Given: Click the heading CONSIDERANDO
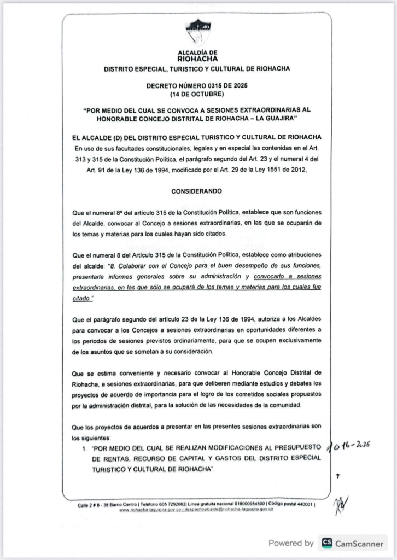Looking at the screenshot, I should click(197, 192).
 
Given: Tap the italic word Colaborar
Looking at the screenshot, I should click(128, 265).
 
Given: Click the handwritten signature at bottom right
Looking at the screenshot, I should click(342, 506).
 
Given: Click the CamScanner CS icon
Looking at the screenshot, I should click(327, 542).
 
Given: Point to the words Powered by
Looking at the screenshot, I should click(291, 543).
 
